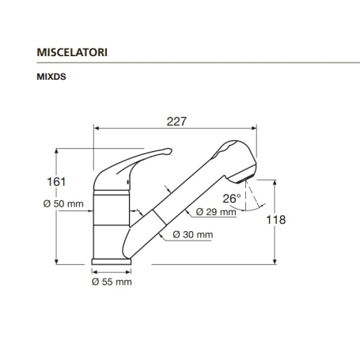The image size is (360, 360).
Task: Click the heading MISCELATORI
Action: point(73,51)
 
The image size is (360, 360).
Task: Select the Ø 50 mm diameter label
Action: point(64,203)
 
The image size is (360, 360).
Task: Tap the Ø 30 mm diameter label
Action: point(193,235)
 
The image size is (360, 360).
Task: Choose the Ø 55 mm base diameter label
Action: point(112,281)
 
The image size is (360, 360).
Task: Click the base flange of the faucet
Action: point(112,260)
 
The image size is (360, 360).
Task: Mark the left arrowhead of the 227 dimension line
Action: point(97,127)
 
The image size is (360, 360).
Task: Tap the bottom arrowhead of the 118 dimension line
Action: point(274,260)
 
